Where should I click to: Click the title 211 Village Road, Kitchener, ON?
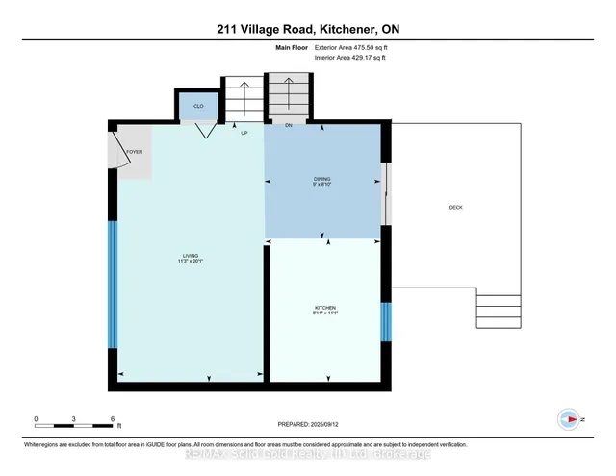[x=308, y=29]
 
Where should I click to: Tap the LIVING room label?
[x=190, y=258]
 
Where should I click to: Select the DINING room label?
[x=321, y=181]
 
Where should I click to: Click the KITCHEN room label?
[x=323, y=310]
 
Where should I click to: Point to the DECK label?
[x=456, y=208]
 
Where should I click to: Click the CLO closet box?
[x=197, y=106]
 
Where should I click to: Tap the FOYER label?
[x=134, y=151]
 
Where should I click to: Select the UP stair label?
[x=245, y=133]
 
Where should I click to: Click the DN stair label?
[x=288, y=125]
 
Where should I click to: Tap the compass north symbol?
[x=569, y=419]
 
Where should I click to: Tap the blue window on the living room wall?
[x=113, y=286]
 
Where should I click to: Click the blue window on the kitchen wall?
[x=386, y=321]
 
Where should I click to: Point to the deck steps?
[x=497, y=312]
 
